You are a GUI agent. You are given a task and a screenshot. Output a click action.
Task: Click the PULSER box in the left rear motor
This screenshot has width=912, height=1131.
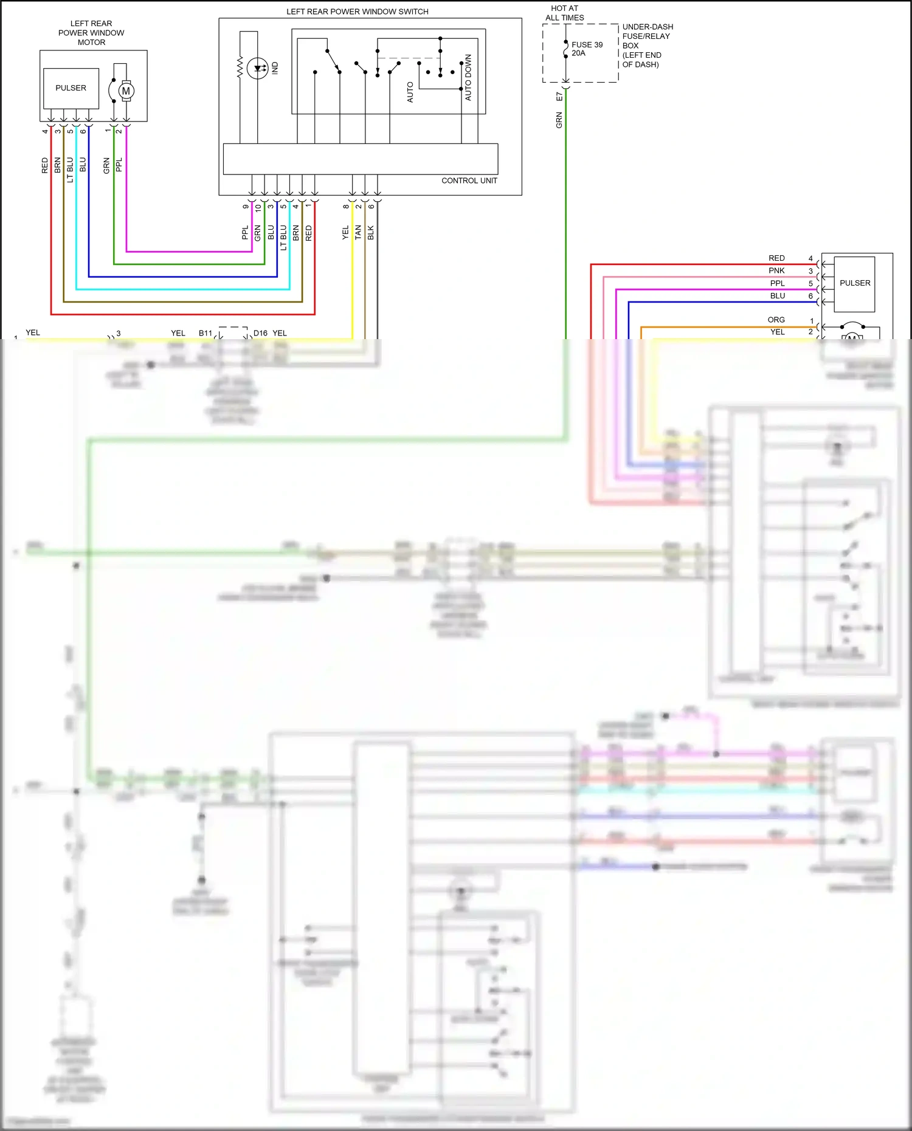coord(71,88)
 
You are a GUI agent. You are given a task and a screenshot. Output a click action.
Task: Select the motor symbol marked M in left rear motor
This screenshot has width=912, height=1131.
coord(126,91)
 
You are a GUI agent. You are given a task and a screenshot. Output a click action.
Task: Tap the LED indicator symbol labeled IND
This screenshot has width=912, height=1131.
coord(259,68)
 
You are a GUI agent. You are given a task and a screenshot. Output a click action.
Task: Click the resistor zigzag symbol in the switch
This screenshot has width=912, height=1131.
coord(240,67)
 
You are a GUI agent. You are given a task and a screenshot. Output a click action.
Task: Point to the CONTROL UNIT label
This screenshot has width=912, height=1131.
coord(469,180)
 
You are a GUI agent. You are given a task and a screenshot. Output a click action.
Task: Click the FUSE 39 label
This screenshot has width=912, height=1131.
coord(587,45)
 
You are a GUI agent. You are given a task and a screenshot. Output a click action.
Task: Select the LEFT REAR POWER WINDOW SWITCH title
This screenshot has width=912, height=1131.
coord(357,12)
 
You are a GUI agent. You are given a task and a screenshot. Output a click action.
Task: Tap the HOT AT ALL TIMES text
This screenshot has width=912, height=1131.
coord(564,13)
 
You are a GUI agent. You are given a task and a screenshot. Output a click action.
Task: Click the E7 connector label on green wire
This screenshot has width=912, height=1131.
coord(559,96)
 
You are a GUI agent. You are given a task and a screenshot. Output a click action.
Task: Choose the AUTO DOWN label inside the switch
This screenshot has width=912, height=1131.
coord(468,77)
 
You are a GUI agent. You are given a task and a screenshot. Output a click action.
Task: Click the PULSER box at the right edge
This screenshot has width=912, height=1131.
coord(854,283)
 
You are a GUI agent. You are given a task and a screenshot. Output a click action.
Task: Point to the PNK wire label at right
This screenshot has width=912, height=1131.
coord(776,270)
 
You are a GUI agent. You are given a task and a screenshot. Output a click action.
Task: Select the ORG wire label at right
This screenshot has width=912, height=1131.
coord(776,320)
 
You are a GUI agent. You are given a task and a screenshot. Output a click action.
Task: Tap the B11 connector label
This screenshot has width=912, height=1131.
coord(205,333)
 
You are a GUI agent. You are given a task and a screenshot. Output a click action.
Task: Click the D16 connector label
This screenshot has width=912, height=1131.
coord(260,333)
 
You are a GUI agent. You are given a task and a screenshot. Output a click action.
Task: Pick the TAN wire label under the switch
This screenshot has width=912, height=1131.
coord(358,232)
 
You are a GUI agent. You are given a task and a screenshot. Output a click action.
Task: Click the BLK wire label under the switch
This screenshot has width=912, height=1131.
coord(371,232)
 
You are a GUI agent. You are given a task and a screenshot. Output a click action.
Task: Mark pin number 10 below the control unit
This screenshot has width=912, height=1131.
coord(258,208)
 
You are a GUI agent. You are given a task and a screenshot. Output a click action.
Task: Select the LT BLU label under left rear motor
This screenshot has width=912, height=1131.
coord(70,170)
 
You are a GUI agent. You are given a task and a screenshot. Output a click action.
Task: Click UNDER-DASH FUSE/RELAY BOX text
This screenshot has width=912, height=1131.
coord(647,46)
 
